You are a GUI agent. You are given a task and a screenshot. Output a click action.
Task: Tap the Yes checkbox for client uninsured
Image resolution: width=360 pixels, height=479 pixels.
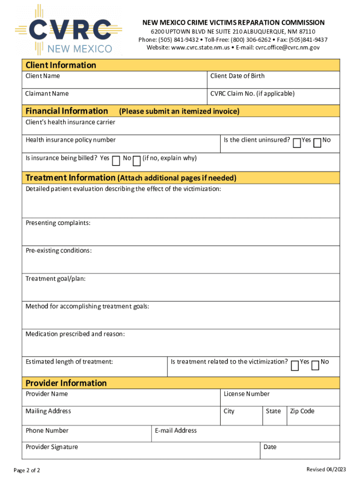coord(297,143)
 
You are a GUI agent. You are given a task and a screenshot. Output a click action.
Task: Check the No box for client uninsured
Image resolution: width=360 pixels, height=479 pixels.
coord(317,143)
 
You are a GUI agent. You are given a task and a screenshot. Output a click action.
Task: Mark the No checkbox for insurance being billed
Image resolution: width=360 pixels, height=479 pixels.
coord(137,161)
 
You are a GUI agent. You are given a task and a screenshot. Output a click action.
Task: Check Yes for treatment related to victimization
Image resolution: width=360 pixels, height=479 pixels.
coord(295,365)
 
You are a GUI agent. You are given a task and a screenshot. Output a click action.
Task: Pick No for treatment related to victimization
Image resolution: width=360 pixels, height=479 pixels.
coord(316,365)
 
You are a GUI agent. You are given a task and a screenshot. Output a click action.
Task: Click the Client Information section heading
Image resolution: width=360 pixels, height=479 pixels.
coord(61,65)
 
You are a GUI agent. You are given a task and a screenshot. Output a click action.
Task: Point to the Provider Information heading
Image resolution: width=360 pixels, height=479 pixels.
coord(66,383)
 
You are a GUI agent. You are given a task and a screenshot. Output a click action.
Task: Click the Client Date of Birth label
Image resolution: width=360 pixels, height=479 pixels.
coord(237,76)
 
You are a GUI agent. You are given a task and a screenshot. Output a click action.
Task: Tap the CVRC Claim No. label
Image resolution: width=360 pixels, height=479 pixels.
coord(252,94)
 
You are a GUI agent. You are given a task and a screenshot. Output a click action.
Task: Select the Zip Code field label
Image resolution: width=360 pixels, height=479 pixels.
coord(302,411)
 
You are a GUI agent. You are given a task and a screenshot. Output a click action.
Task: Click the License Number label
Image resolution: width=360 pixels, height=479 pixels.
coord(246,394)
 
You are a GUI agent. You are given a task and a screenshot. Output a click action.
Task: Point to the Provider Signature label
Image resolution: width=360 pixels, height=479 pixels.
coord(51,447)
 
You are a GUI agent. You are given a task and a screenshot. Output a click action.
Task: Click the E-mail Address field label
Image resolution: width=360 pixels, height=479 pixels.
coord(176,430)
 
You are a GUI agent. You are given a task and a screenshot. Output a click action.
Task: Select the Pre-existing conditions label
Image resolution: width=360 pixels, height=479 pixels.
coord(58,251)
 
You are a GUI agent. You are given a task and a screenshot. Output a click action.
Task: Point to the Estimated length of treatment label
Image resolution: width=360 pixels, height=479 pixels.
coord(69,362)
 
